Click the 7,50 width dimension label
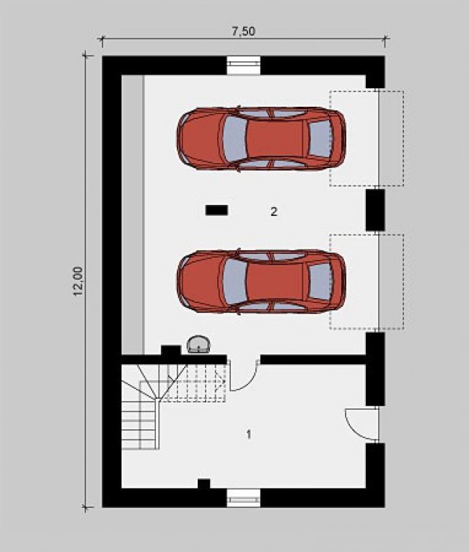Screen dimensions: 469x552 click(243, 31)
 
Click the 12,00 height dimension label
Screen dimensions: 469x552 click(78, 281)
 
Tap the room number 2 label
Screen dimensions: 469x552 click(274, 211)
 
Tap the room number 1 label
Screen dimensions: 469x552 click(249, 434)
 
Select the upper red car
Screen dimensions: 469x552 click(261, 139)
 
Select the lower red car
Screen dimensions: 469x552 click(261, 281)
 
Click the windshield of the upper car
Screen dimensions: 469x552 click(234, 139)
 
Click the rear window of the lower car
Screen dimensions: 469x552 click(320, 281)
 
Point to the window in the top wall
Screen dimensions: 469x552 click(243, 65)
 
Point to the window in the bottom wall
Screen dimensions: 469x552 click(243, 497)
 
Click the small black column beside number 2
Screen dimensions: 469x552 click(216, 210)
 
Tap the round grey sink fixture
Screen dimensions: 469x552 click(198, 344)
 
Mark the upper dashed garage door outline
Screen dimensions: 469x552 click(367, 139)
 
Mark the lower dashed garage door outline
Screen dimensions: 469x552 click(367, 281)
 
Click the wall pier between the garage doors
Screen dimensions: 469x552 click(375, 210)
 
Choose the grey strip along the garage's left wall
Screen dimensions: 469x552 click(133, 214)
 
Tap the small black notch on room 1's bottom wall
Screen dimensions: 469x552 click(204, 483)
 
